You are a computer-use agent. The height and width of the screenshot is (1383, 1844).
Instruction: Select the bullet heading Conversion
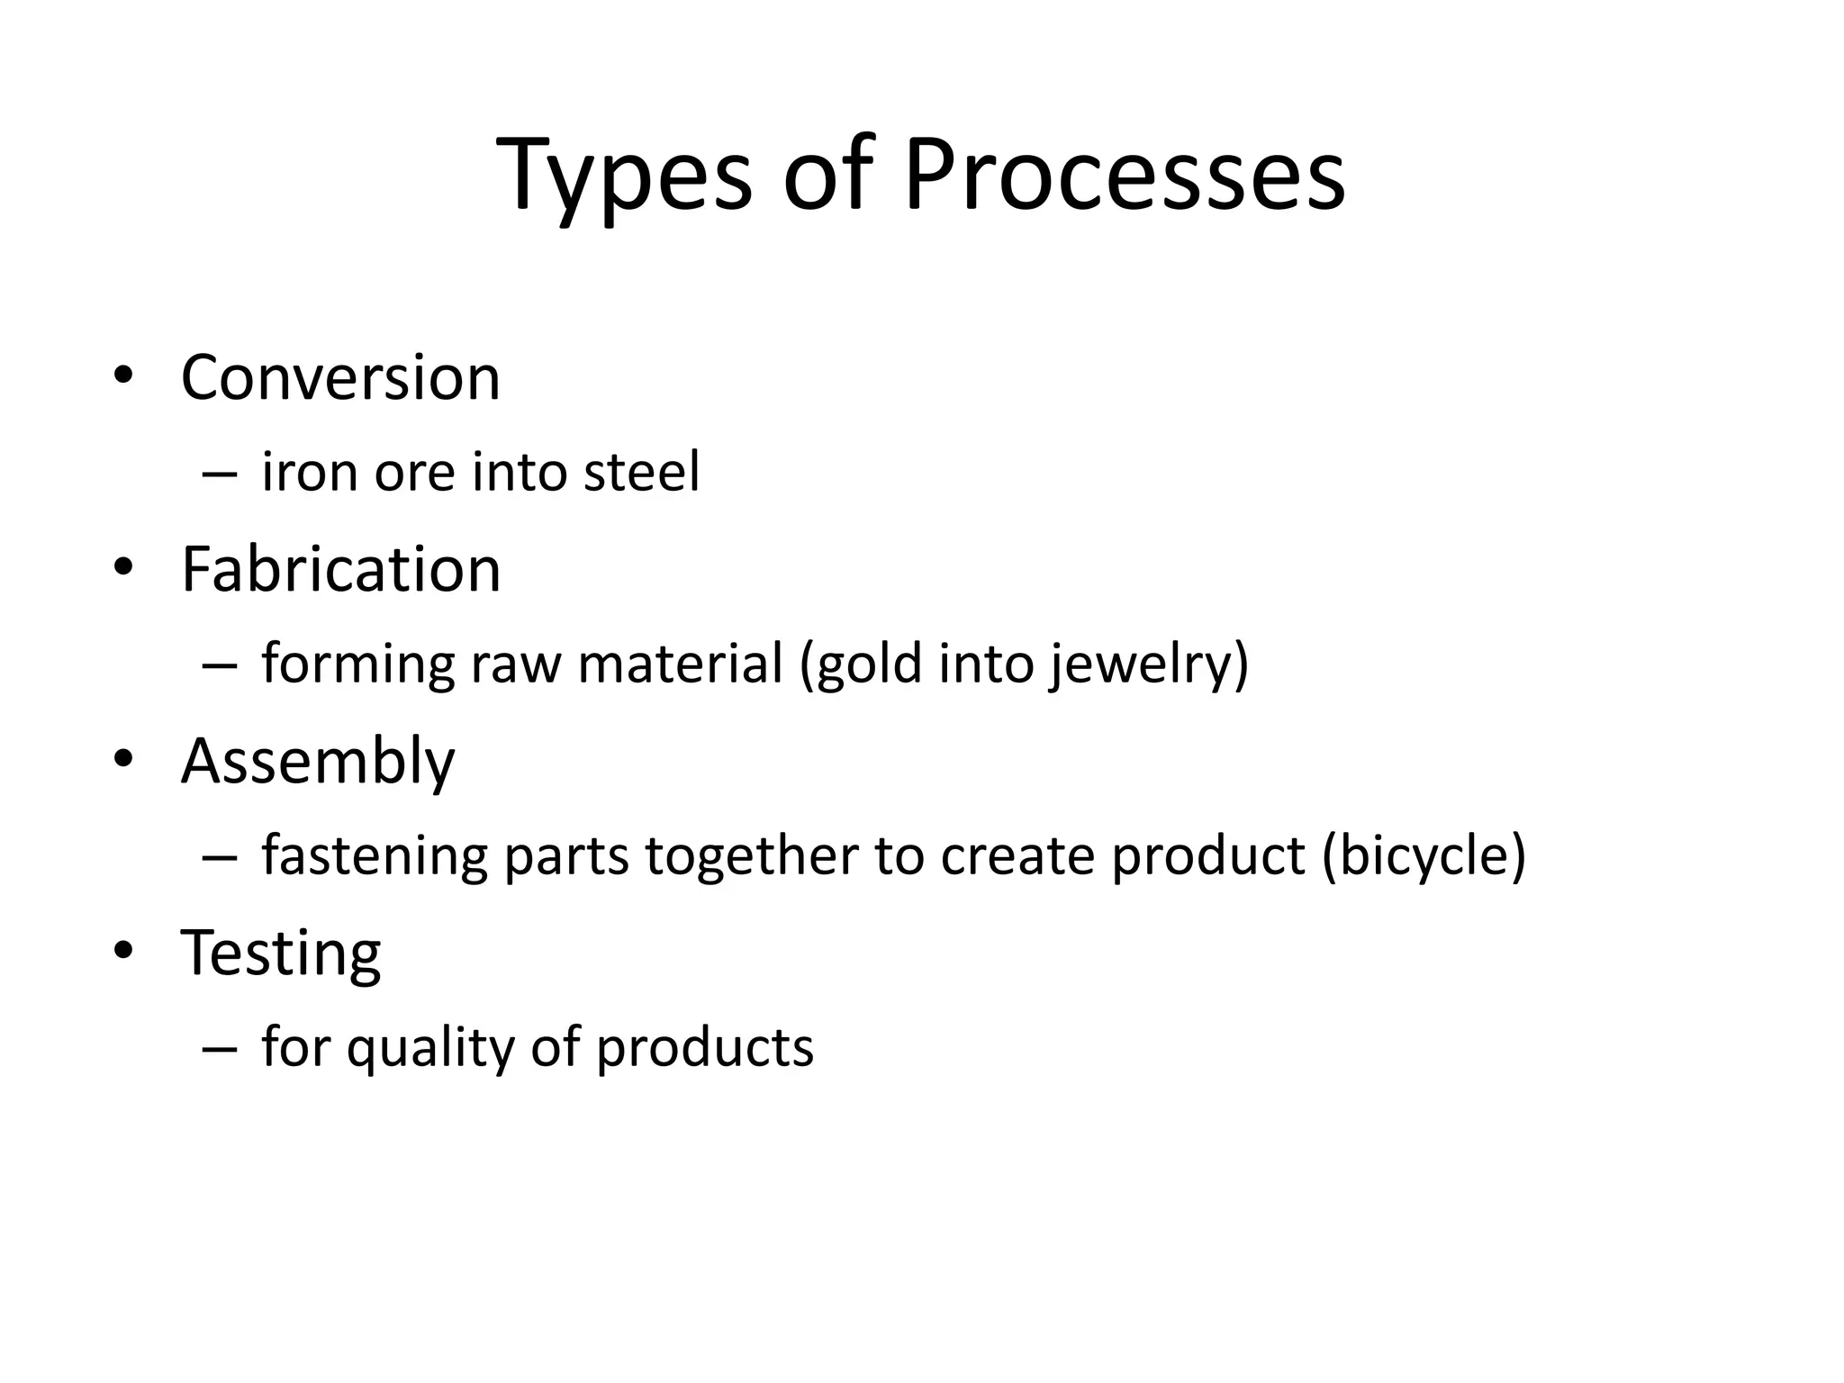[340, 377]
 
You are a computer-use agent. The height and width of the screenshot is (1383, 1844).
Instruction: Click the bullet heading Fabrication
[340, 570]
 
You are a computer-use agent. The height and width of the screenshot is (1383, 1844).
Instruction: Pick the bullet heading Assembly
[318, 763]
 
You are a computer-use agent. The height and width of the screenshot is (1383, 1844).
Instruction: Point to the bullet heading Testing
[281, 954]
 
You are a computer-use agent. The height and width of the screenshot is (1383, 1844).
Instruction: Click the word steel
[641, 472]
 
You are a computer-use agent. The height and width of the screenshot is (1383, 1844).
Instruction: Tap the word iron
[309, 472]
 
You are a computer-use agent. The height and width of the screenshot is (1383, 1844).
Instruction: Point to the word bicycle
[1424, 856]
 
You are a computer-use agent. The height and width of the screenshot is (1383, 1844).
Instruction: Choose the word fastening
[374, 856]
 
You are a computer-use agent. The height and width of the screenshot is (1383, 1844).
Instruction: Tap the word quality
[430, 1049]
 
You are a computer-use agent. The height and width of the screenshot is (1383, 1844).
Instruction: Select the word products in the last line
[705, 1049]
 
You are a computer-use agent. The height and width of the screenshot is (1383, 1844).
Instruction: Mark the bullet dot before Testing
[123, 951]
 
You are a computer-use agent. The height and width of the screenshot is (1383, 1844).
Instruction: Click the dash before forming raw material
[220, 666]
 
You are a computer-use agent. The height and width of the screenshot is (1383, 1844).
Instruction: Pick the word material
[681, 664]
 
